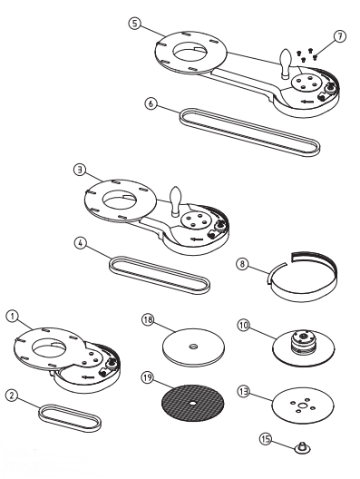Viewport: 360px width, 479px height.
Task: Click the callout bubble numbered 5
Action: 135,24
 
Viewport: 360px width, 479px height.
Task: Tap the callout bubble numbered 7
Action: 339,36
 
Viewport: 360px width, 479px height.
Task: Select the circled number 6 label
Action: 151,103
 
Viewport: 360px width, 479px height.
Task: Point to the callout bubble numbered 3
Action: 80,170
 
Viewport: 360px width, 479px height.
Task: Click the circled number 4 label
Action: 81,243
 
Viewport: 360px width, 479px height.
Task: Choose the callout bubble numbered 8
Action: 242,264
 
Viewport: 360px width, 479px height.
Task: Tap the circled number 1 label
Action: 12,316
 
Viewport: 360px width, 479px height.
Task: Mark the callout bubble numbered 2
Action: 12,396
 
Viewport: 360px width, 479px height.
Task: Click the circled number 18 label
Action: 148,320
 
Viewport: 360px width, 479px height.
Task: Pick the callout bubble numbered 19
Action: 148,377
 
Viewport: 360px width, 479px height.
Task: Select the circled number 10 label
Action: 243,326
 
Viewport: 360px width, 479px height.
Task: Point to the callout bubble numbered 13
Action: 243,392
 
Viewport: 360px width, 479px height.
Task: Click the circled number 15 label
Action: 266,439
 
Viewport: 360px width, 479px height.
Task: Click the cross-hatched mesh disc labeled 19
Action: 192,403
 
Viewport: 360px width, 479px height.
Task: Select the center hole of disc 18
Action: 193,347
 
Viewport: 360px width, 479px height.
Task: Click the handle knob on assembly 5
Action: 287,64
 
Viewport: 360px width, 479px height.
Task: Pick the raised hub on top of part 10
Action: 302,341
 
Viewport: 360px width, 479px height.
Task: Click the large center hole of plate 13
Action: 303,406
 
